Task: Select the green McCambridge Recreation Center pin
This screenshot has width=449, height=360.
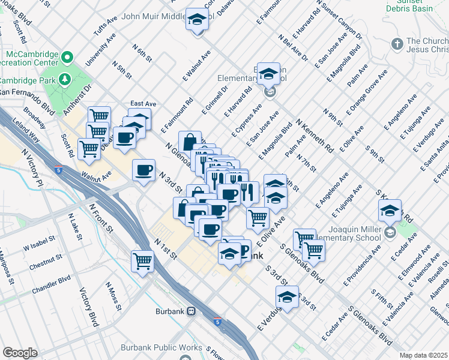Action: (67, 58)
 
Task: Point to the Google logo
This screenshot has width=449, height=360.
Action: (20, 353)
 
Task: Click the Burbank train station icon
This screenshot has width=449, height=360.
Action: (191, 311)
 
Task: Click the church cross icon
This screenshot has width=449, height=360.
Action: (396, 44)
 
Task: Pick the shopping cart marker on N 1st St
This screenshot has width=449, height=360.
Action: (143, 260)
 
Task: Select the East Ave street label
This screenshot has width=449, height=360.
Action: (143, 104)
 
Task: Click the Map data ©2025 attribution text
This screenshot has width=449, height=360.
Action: (423, 355)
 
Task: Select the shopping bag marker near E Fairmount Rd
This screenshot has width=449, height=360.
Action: (190, 142)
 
